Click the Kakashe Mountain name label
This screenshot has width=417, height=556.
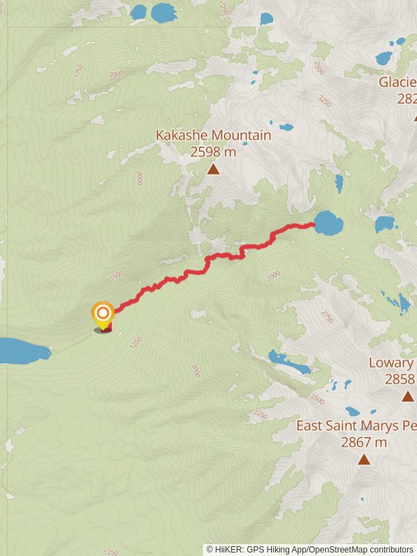(213, 135)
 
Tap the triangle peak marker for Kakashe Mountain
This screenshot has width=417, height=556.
(213, 168)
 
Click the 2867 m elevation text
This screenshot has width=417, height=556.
(363, 441)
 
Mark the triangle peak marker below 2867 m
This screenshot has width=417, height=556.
(363, 459)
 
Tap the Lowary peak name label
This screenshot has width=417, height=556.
(392, 363)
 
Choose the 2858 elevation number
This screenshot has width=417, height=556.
(400, 379)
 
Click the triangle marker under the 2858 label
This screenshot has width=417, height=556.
(407, 396)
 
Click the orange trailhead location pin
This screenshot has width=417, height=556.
(103, 313)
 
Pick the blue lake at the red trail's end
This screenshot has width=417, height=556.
(328, 224)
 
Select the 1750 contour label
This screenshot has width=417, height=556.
(78, 70)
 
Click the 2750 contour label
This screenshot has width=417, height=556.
(327, 316)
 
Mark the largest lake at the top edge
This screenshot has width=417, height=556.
(164, 12)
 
